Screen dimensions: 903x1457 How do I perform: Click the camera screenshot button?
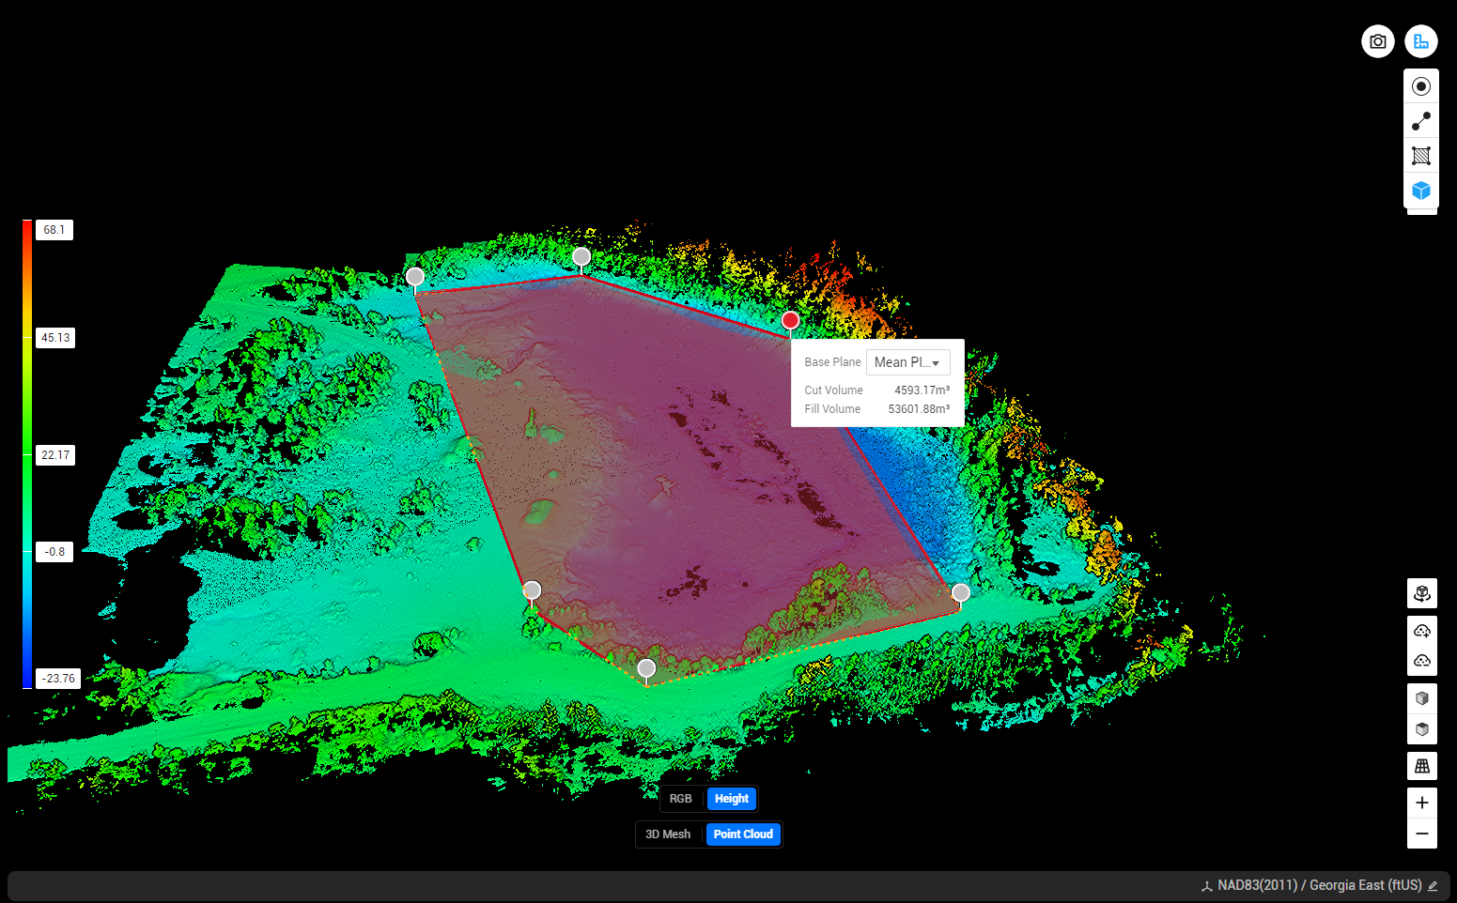[1377, 41]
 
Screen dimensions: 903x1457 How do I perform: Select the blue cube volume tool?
[1420, 191]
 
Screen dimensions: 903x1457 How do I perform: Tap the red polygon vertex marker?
[790, 321]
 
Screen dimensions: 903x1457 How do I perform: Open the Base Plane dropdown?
[907, 362]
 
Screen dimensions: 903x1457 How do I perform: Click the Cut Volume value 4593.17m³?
[921, 390]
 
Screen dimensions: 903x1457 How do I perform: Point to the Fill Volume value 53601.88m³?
[918, 409]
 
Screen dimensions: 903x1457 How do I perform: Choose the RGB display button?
[680, 799]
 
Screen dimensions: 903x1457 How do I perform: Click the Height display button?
[732, 799]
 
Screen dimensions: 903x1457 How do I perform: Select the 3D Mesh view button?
[668, 834]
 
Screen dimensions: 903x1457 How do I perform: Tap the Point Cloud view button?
[743, 834]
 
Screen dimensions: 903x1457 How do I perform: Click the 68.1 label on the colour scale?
[54, 230]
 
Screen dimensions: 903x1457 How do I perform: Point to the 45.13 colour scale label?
[55, 338]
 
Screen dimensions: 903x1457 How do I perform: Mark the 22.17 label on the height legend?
[55, 455]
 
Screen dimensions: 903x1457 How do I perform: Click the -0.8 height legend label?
[54, 552]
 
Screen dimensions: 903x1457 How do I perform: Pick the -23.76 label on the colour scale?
[58, 679]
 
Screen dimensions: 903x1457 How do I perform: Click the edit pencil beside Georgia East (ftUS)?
[1432, 886]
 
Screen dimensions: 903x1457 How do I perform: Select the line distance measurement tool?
[1420, 121]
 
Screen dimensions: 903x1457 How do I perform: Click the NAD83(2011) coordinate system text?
[1257, 885]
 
